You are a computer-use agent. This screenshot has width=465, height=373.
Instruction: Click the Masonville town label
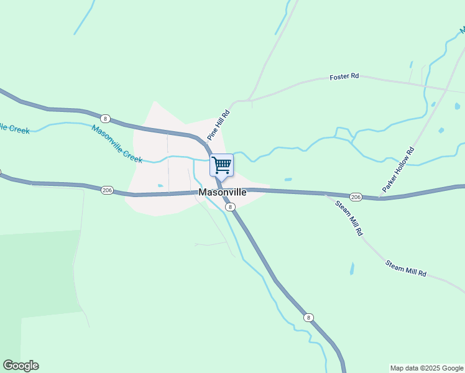tap(223, 193)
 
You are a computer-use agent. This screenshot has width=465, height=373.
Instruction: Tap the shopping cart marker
tap(222, 166)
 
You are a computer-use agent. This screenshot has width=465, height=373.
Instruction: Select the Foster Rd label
tap(344, 76)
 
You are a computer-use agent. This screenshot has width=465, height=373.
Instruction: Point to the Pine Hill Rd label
tap(219, 125)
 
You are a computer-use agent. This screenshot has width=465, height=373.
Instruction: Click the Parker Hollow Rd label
tap(398, 169)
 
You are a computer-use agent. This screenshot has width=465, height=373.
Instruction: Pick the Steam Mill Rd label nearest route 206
tap(349, 218)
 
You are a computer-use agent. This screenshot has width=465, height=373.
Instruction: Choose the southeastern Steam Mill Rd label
tap(406, 269)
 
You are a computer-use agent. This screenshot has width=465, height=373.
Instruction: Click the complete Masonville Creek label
tap(117, 144)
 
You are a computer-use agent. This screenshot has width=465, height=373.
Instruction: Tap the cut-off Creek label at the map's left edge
tap(14, 128)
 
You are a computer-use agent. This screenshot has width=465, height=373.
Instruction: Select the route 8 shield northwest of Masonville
tap(105, 119)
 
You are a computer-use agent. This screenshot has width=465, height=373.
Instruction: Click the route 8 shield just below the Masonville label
tap(230, 206)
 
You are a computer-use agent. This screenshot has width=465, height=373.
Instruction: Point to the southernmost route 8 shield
tap(308, 318)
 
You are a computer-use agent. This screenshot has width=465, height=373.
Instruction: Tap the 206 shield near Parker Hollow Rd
tap(355, 196)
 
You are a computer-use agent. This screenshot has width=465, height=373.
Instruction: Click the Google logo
tap(21, 366)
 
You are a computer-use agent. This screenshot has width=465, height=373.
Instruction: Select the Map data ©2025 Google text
tap(426, 368)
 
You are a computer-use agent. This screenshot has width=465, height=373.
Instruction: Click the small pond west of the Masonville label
tap(160, 185)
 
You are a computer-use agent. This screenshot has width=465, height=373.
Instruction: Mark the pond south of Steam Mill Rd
tap(352, 269)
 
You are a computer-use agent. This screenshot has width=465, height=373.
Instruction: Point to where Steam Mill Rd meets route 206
tap(325, 194)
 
